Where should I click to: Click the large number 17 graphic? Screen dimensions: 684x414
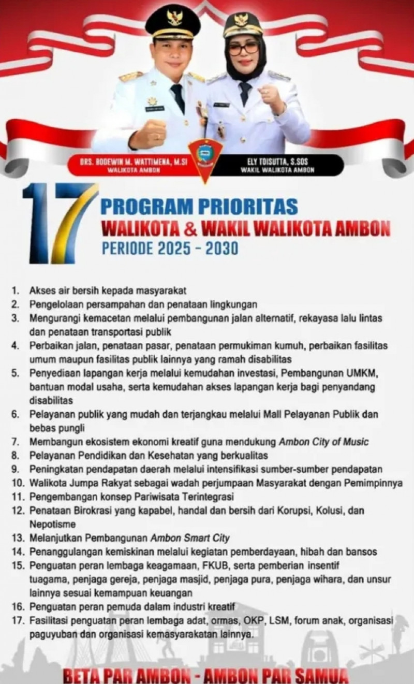tap(60, 223)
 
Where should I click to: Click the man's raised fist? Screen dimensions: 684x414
tap(149, 133)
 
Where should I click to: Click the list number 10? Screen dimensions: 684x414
tap(19, 483)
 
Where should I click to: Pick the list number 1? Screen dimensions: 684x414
tap(16, 290)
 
